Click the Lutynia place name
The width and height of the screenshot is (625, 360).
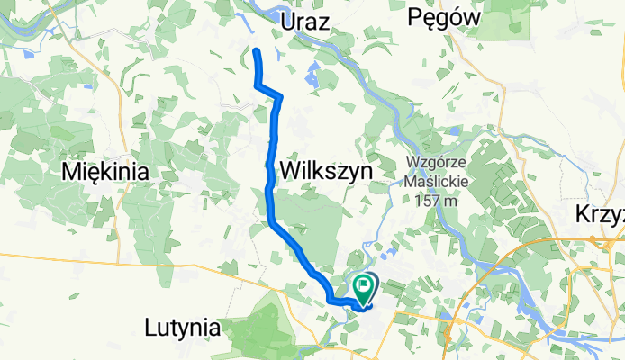[x=183, y=328]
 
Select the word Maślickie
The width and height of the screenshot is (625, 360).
[x=436, y=183]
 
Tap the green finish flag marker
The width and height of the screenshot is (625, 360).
[x=364, y=288]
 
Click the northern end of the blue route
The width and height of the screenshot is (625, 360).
[x=256, y=50]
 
